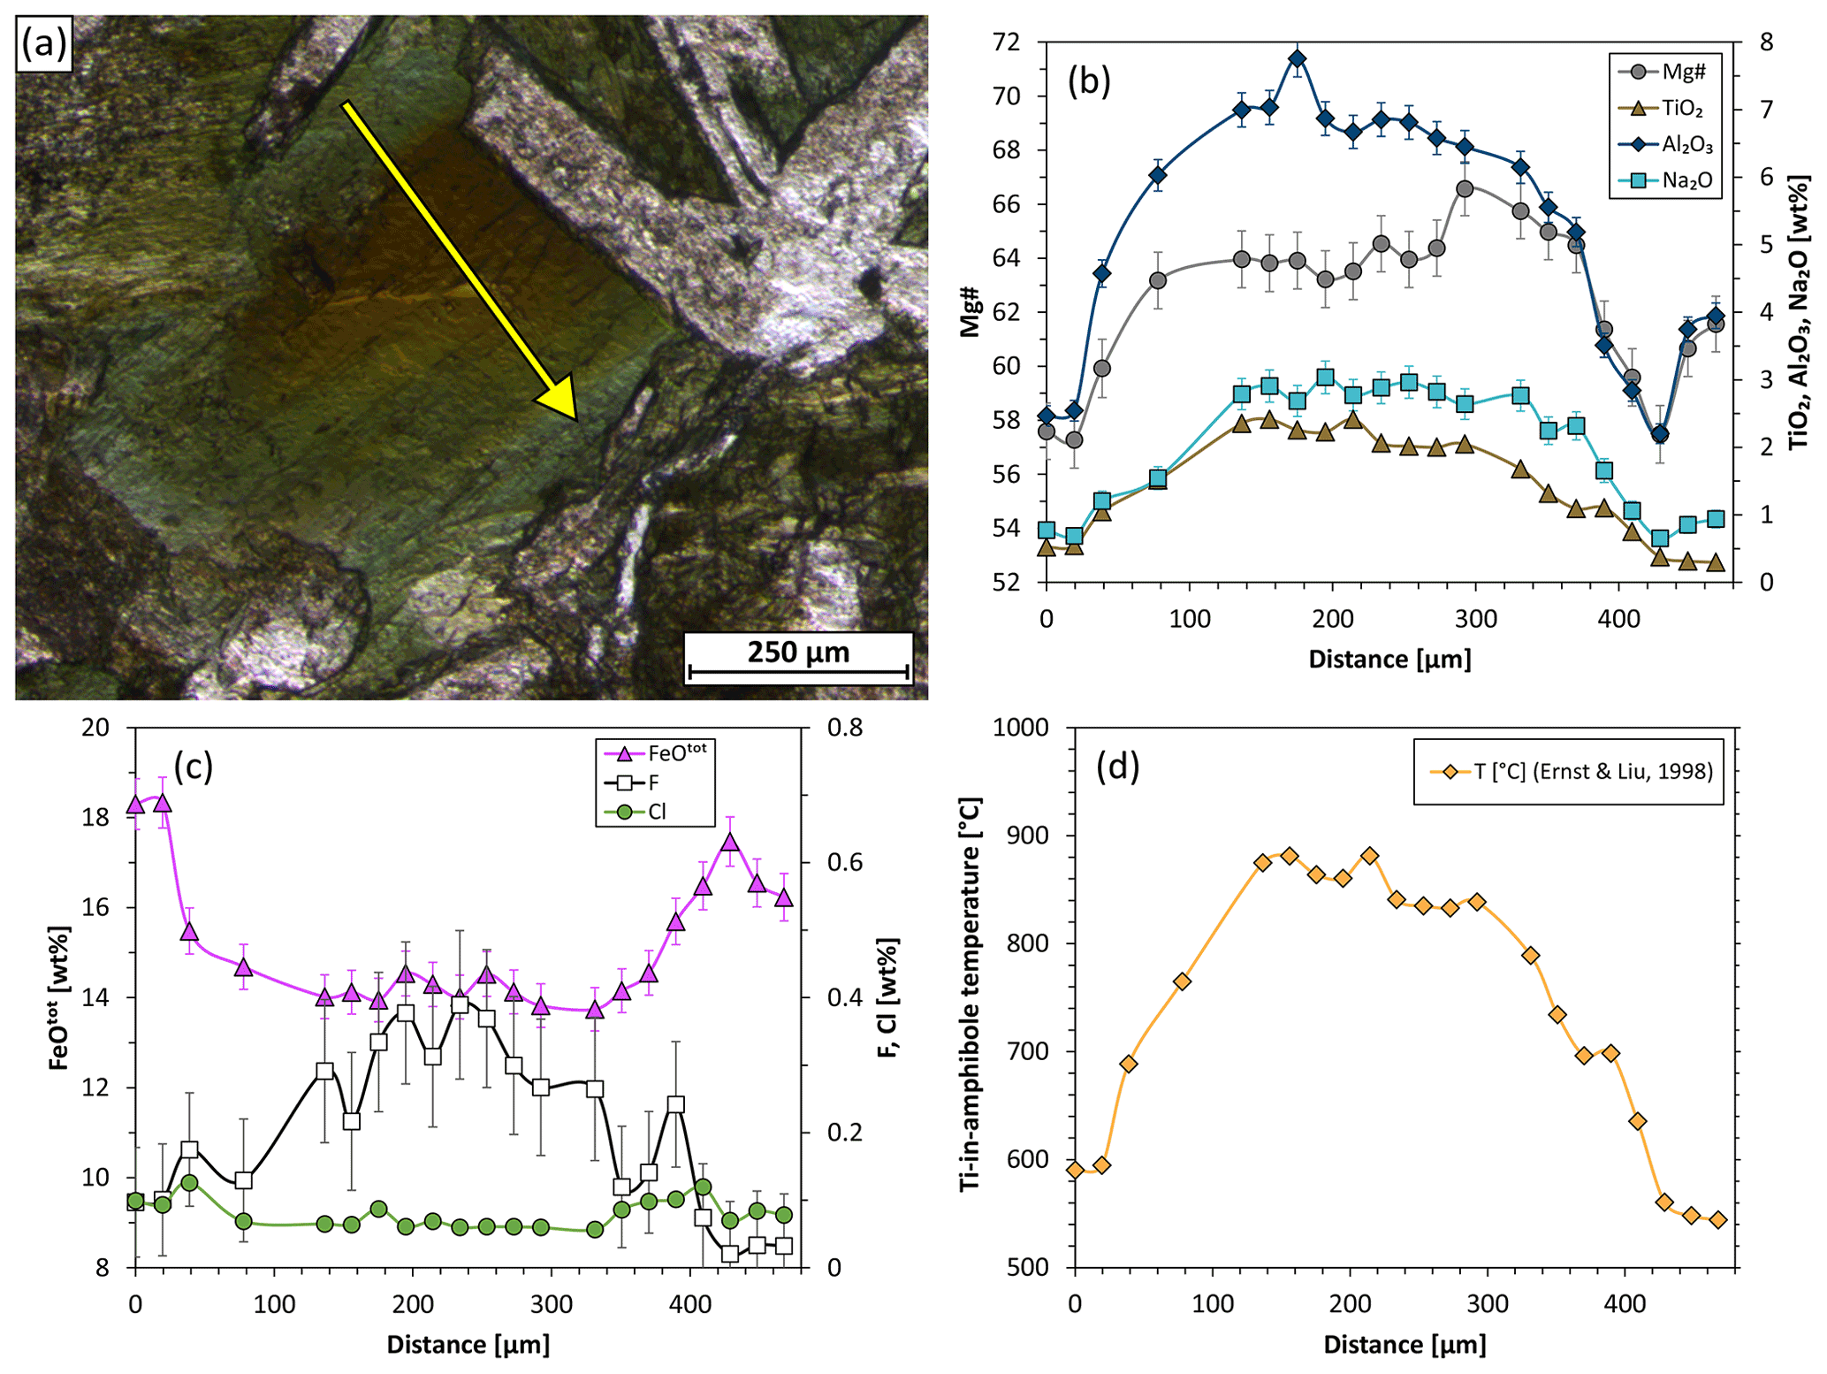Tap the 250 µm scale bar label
click(x=798, y=653)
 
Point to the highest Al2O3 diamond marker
click(x=1298, y=59)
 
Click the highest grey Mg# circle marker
click(x=1465, y=188)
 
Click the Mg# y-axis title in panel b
click(x=971, y=311)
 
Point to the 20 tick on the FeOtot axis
click(x=95, y=728)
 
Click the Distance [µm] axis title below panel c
click(x=468, y=1345)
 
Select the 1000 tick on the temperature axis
click(x=1020, y=728)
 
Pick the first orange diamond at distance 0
click(x=1075, y=1170)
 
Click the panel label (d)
click(x=1117, y=767)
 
